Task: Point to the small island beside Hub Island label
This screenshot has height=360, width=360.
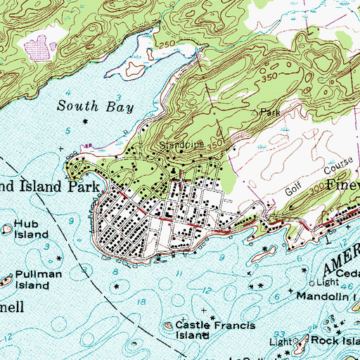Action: click(x=5, y=227)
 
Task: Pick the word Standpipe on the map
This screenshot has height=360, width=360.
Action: click(x=186, y=145)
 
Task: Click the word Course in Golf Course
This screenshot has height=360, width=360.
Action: click(x=323, y=172)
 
